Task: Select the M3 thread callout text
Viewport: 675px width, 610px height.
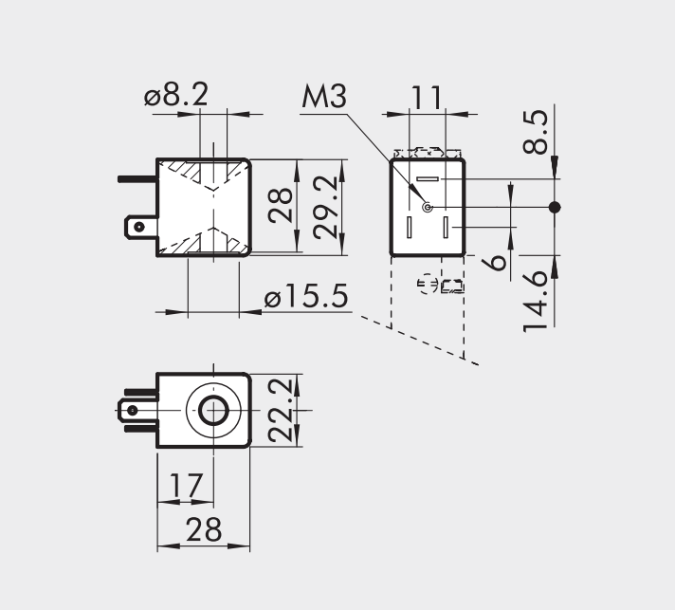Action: pos(325,98)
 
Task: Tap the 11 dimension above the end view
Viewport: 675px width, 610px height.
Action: pos(427,97)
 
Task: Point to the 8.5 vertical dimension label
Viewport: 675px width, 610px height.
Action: pos(536,131)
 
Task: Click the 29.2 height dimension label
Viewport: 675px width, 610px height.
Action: pos(326,206)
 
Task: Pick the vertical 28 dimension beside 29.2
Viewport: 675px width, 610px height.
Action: pos(281,206)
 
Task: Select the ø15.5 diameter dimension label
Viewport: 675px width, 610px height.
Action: pos(306,298)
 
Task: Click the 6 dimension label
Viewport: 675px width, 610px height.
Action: pos(497,262)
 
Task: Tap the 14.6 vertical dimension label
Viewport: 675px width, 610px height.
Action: pos(537,300)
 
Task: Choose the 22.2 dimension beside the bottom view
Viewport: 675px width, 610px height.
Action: pos(280,410)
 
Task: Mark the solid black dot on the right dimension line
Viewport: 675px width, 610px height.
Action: pos(556,207)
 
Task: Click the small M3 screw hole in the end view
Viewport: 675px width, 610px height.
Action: pos(427,207)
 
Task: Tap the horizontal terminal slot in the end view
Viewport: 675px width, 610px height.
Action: pos(427,179)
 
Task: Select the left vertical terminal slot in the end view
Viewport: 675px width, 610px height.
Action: pos(410,228)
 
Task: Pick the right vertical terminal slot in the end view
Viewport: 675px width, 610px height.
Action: pos(445,228)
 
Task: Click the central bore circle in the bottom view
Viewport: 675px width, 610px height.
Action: pos(213,411)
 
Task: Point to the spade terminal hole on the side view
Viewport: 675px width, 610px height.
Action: pos(140,227)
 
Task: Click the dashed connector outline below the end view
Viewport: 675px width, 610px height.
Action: pos(440,285)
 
